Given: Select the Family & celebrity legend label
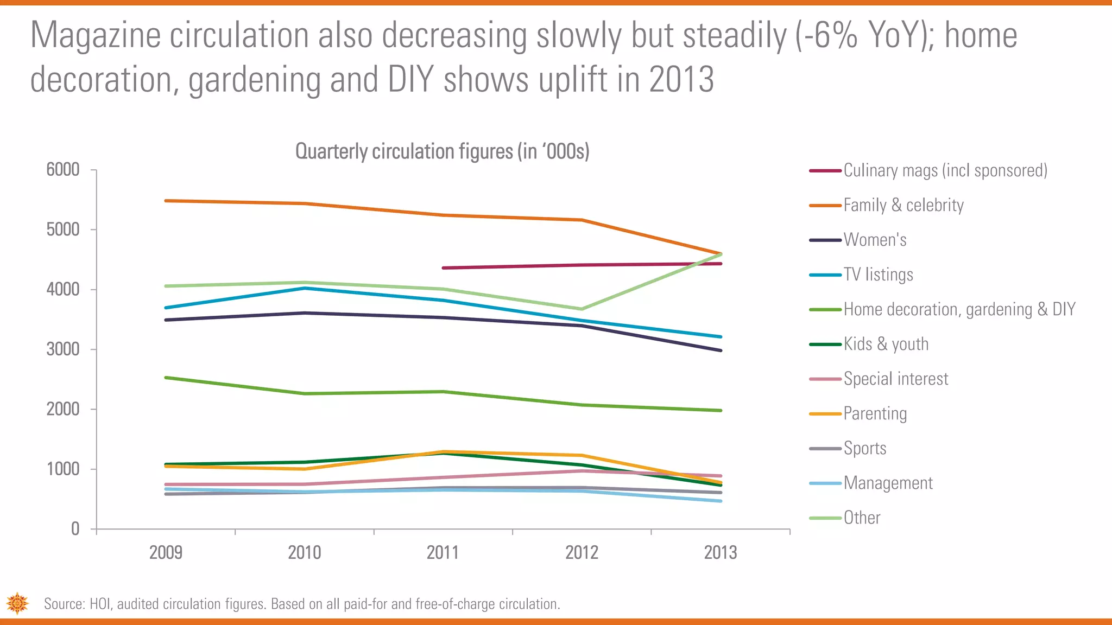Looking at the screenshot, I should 903,205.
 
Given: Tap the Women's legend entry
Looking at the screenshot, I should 875,240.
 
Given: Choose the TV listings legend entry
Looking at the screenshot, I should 878,275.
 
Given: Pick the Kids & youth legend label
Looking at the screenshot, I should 886,344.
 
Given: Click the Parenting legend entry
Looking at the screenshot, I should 875,413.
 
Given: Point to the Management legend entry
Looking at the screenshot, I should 888,483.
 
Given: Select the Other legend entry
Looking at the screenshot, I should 862,518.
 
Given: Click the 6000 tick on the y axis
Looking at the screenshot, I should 63,170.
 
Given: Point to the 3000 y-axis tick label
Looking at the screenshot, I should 63,349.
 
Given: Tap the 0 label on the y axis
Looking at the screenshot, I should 75,529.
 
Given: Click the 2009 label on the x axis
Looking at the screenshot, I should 166,553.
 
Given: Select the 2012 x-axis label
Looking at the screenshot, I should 582,553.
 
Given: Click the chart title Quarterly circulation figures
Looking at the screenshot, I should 442,151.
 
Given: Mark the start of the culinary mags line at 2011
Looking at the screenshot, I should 444,268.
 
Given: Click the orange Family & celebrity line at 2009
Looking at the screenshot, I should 166,201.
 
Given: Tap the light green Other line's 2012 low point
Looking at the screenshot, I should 582,309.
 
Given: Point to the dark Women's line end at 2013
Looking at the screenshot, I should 721,350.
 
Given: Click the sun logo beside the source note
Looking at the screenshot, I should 17,603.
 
